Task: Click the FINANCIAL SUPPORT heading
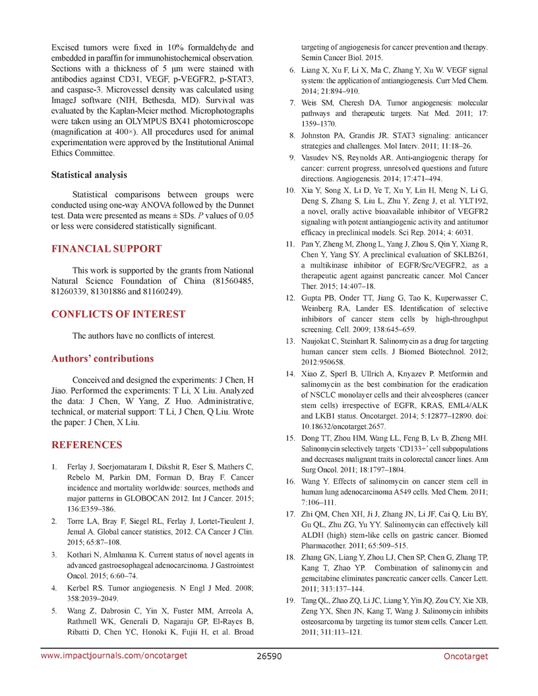point(106,249)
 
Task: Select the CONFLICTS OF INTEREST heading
point(118,314)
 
